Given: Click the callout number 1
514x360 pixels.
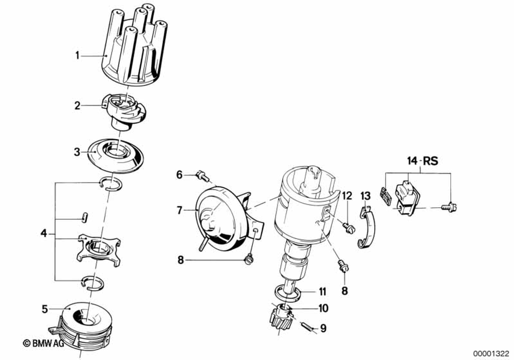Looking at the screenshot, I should pos(78,55).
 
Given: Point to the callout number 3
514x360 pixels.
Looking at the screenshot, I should pos(77,152).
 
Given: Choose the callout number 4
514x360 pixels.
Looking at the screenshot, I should pos(44,235).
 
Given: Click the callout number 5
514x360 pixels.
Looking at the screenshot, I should pos(45,309).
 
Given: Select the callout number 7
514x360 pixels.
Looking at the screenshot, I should pos(179,210).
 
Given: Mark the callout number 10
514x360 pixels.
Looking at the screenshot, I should pos(323,309).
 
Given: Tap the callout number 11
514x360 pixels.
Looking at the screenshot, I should pos(322,292).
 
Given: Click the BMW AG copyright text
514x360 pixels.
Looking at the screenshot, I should pos(43,343).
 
